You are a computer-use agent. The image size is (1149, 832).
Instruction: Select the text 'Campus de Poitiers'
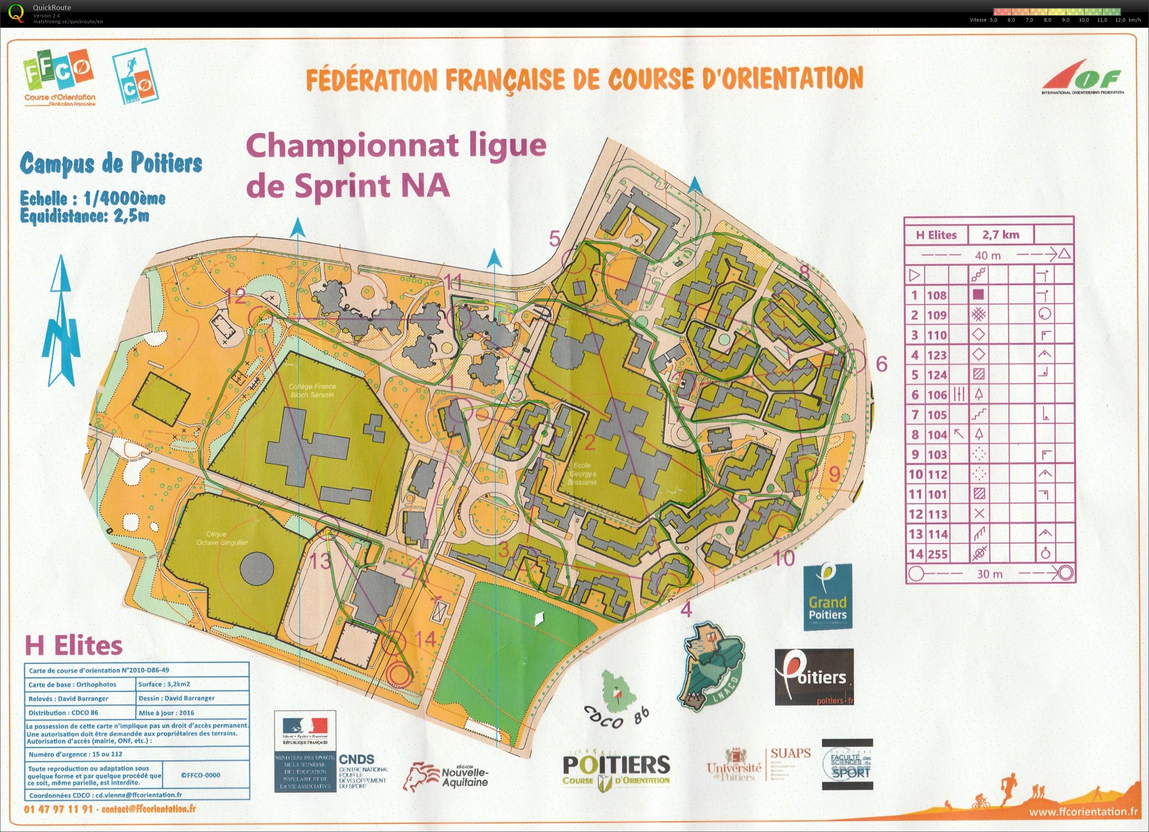pos(111,164)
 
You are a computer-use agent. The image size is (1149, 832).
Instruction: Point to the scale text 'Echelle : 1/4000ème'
pos(93,198)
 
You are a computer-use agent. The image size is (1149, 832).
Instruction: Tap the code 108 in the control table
pos(936,295)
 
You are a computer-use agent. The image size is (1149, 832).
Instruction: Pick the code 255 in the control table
pos(936,554)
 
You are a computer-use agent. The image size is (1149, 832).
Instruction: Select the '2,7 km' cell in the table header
pos(1000,235)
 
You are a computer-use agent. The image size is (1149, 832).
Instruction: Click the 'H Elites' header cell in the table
pos(936,235)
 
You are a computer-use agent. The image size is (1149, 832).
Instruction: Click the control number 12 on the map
pos(235,296)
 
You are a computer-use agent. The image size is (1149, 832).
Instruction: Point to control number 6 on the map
pos(881,364)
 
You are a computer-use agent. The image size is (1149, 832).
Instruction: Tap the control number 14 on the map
pos(426,640)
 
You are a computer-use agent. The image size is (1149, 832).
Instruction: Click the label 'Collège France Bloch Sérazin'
pos(312,390)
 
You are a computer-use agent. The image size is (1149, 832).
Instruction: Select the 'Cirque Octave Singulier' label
pos(222,538)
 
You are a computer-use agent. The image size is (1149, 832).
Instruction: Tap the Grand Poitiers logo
pos(827,597)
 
